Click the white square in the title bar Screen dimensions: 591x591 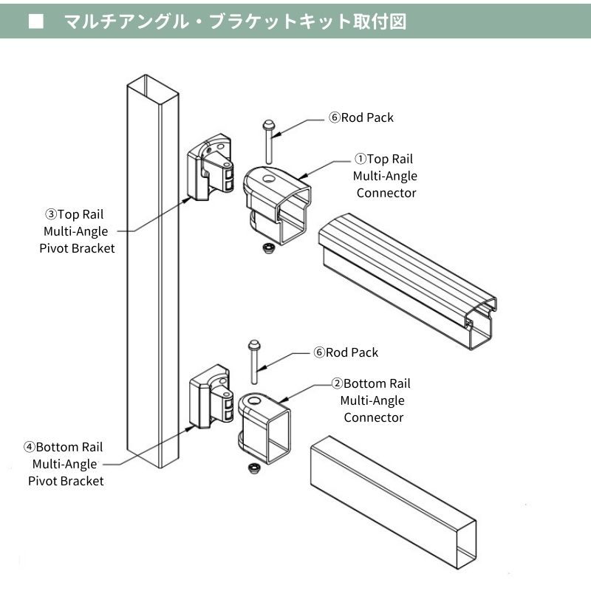(x=35, y=21)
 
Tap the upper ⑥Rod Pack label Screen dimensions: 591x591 (x=361, y=117)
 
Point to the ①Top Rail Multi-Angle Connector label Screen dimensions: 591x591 (x=385, y=176)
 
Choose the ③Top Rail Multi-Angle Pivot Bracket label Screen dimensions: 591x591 (x=77, y=231)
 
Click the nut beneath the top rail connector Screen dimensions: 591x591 (x=266, y=248)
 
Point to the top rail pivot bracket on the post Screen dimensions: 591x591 (x=210, y=167)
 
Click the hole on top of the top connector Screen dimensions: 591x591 (x=267, y=177)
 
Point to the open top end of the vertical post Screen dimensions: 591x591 (x=152, y=83)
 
